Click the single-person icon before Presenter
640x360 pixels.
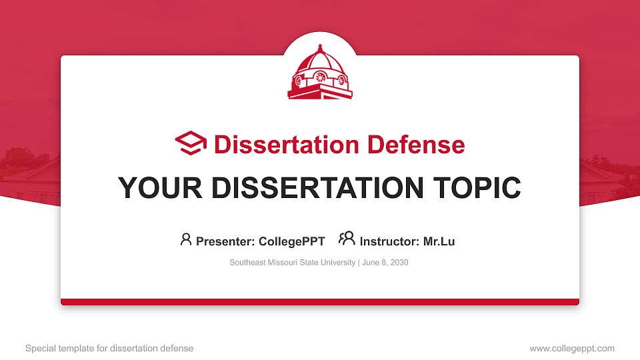pyautogui.click(x=186, y=239)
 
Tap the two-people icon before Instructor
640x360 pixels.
pyautogui.click(x=347, y=239)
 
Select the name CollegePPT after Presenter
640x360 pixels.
pyautogui.click(x=293, y=241)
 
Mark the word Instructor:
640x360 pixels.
pyautogui.click(x=389, y=241)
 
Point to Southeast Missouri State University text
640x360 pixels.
pyautogui.click(x=292, y=263)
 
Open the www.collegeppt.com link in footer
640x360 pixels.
pyautogui.click(x=571, y=348)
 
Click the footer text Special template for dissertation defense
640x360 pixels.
pyautogui.click(x=109, y=348)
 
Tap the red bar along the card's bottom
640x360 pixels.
pyautogui.click(x=320, y=302)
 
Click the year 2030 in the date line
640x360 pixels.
pyautogui.click(x=399, y=263)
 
